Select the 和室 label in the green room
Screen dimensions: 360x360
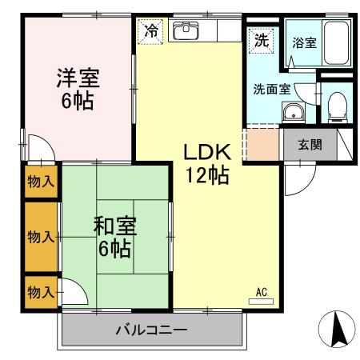coord(114,226)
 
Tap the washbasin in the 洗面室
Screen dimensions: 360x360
coord(297,111)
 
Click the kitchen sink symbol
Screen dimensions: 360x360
coord(186,31)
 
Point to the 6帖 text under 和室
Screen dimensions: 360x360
coord(114,249)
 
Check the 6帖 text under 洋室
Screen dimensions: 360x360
coord(77,101)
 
